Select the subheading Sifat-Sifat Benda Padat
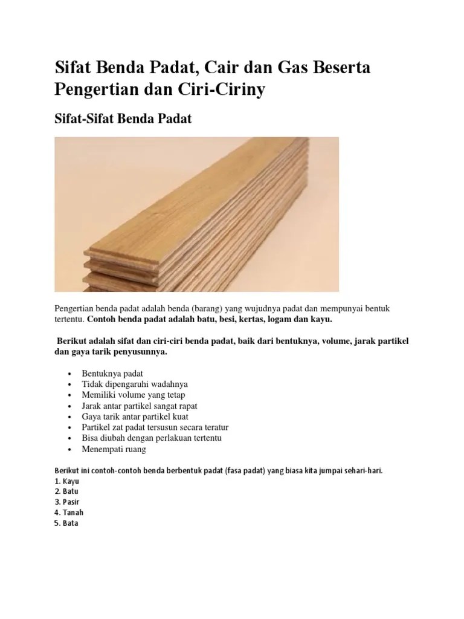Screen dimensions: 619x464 tap(123, 118)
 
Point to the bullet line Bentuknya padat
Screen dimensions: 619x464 tap(112, 373)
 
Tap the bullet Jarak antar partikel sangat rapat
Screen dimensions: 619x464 tap(140, 406)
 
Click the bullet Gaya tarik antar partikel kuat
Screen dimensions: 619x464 tap(135, 416)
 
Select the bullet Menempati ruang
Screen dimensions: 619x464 tap(114, 449)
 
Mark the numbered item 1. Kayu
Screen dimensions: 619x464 tap(67, 481)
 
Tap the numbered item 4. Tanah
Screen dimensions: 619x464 tap(69, 513)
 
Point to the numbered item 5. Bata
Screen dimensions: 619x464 tap(66, 523)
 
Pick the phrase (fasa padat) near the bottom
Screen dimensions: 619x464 tap(243, 470)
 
